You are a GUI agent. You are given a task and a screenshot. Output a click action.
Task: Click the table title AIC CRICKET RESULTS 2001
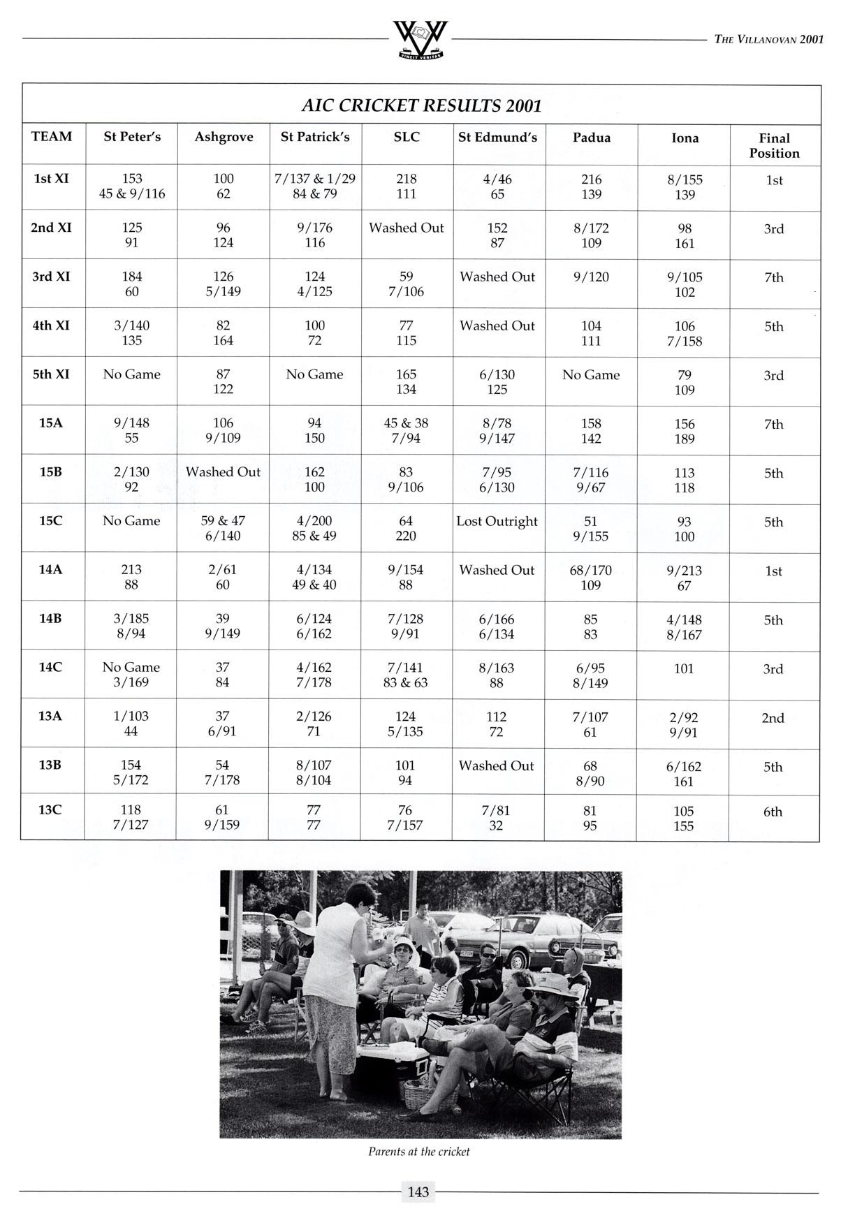421,105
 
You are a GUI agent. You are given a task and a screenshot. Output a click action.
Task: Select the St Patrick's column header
314,137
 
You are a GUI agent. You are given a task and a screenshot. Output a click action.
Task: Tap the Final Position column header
774,145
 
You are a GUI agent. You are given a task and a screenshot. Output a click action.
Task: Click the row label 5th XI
52,374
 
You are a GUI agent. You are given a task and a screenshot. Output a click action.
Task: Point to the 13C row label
50,809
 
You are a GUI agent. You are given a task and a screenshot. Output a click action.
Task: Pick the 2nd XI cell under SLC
406,228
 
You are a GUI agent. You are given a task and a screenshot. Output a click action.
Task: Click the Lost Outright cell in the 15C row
497,521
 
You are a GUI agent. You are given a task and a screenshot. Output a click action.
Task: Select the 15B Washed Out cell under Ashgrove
223,472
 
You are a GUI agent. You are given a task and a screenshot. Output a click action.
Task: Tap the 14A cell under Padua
591,578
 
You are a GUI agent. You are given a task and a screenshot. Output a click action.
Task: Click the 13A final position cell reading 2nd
773,718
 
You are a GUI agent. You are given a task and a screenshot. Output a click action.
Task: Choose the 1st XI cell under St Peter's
132,186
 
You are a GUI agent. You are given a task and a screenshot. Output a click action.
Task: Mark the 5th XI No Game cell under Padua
591,375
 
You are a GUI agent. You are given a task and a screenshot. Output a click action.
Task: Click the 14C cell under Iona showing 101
683,669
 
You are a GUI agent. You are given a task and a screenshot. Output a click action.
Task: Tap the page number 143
418,1192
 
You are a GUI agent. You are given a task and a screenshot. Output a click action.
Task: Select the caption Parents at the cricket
419,1152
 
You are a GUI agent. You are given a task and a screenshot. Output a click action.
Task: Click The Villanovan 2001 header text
768,40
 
